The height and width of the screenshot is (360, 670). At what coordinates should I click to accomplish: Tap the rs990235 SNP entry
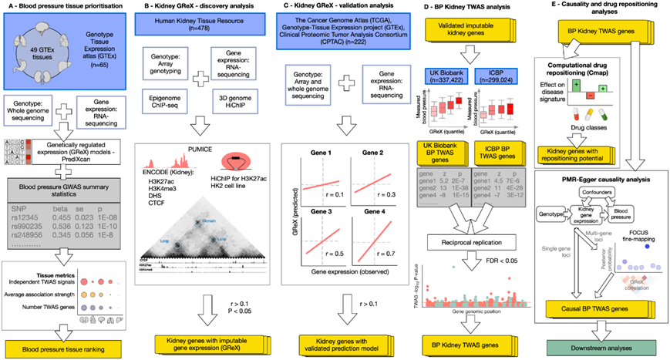34,228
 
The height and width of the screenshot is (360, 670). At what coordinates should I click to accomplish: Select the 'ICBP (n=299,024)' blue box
507,78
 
